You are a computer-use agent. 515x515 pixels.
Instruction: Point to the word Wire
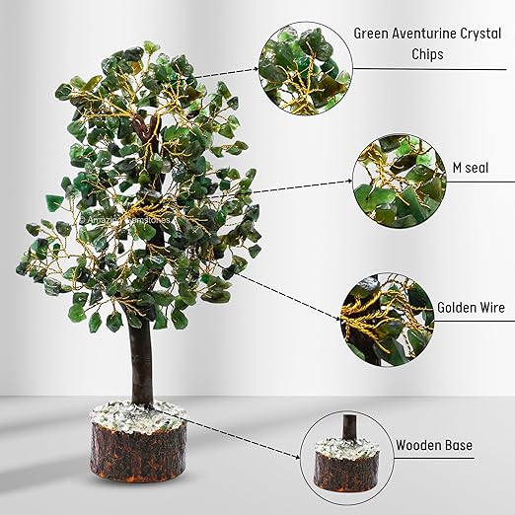pyautogui.click(x=491, y=308)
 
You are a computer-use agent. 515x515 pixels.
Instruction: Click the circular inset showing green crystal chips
pyautogui.click(x=305, y=66)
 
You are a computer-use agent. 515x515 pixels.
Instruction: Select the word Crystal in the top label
pyautogui.click(x=475, y=33)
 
